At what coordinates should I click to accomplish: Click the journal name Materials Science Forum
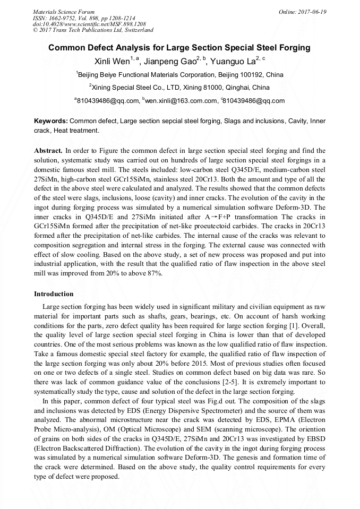point(64,11)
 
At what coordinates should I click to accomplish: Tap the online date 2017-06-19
point(311,11)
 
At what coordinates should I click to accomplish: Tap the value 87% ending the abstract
point(155,273)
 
